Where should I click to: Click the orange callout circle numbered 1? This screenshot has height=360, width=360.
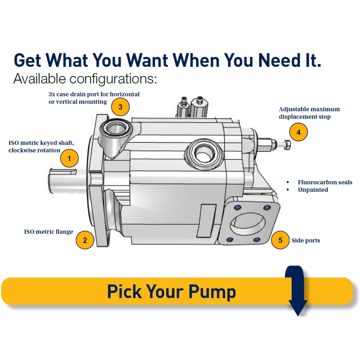(69, 158)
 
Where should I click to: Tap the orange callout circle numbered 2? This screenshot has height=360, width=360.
(85, 240)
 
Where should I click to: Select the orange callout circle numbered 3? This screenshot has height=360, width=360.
(120, 107)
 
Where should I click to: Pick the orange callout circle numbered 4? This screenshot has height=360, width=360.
(299, 132)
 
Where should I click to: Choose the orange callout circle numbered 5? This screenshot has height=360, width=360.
(280, 240)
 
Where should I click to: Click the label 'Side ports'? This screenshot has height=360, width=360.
(306, 240)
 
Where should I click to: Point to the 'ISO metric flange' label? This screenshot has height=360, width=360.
(49, 232)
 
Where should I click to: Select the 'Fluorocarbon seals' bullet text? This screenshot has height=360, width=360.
(325, 182)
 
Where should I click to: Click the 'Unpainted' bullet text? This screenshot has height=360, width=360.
(313, 190)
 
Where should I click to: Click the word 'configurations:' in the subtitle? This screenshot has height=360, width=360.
(113, 79)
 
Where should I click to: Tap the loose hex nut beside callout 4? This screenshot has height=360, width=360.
(287, 144)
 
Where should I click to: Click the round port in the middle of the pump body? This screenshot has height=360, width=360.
(203, 153)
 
